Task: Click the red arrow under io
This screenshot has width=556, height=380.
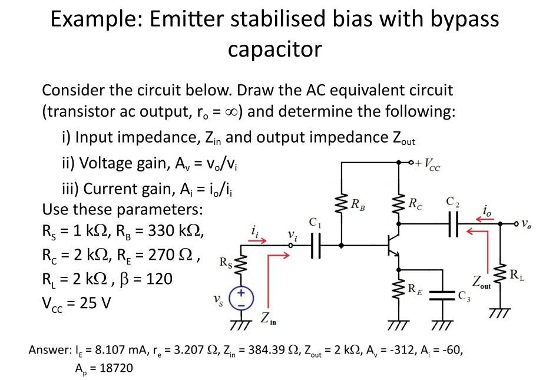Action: tap(486, 217)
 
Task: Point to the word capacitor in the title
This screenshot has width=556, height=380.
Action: tap(274, 49)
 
